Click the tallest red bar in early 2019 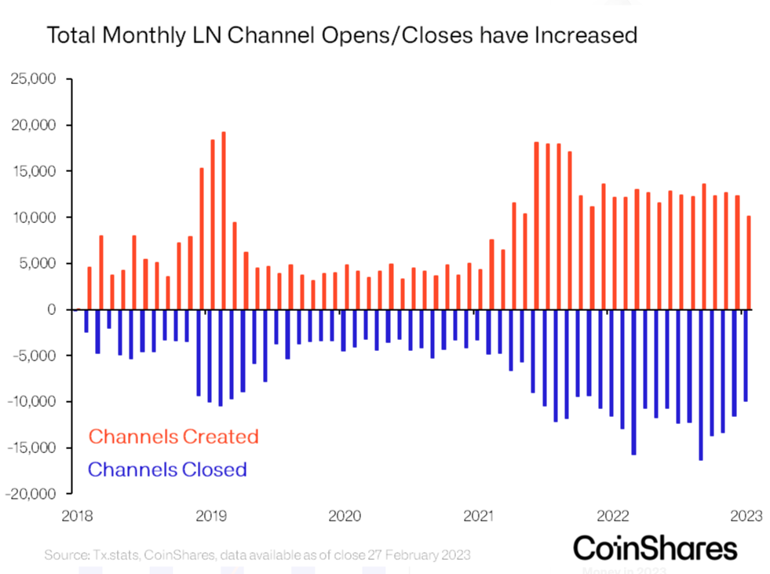point(224,221)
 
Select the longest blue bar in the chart point(701,384)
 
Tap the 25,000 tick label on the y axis point(34,79)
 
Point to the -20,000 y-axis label point(31,494)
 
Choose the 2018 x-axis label point(77,516)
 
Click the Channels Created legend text point(173,436)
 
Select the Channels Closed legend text point(167,470)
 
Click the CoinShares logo point(655,547)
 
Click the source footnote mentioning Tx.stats point(257,554)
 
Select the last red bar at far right point(748,262)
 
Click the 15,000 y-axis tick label point(34,171)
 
